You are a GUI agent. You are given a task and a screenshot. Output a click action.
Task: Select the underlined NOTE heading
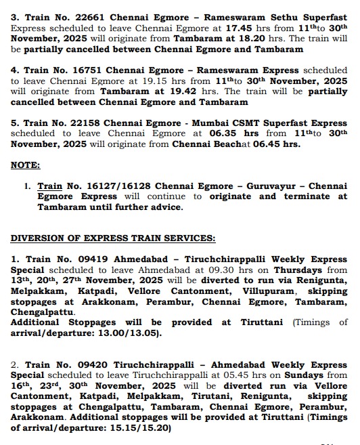26,165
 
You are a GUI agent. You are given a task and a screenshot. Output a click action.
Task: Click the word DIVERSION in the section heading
37,238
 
